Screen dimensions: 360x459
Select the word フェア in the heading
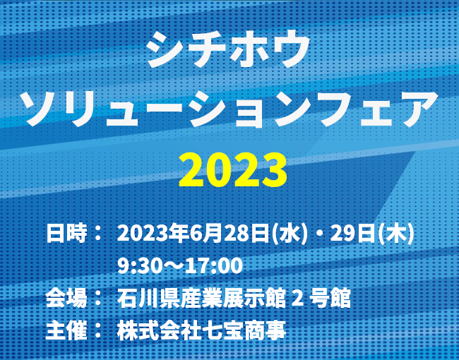(x=378, y=111)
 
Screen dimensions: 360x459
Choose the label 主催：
(x=75, y=330)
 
